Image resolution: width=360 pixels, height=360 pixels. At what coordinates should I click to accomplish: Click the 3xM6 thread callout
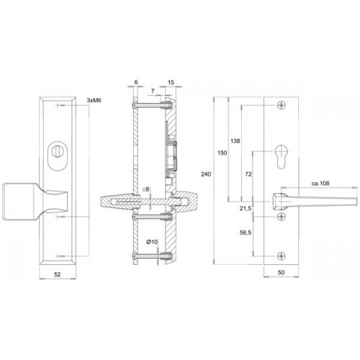click(x=94, y=100)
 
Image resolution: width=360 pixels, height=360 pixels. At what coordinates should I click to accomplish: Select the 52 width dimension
click(x=57, y=274)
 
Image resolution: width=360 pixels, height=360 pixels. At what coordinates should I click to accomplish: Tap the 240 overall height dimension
click(x=206, y=174)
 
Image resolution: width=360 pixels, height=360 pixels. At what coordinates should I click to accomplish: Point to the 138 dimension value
click(x=235, y=141)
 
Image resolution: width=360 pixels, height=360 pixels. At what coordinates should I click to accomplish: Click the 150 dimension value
click(x=222, y=153)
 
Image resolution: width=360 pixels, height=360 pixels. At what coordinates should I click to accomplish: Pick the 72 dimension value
click(x=248, y=174)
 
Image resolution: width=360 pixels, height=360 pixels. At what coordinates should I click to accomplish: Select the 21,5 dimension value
click(x=246, y=208)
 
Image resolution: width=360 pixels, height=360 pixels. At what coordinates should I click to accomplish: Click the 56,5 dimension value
click(x=246, y=233)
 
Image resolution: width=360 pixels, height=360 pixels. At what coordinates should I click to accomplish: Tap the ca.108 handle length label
click(x=320, y=184)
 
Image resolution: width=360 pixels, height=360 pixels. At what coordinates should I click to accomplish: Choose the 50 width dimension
click(x=281, y=272)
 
